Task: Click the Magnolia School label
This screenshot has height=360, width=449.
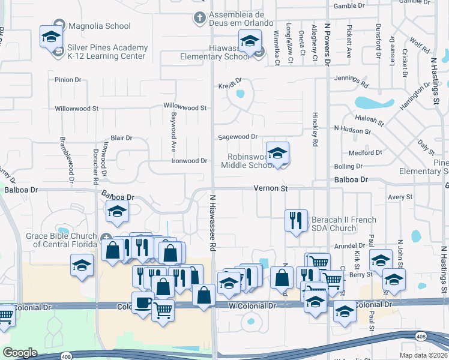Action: click(99, 26)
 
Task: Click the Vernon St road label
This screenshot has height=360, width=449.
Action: click(271, 188)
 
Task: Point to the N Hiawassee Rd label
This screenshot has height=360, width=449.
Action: click(212, 222)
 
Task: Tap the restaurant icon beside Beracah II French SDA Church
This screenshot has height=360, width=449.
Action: click(296, 221)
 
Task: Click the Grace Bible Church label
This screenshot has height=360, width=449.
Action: click(62, 240)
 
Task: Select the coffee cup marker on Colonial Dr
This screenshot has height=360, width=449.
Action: click(142, 303)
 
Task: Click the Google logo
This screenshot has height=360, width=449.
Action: click(20, 353)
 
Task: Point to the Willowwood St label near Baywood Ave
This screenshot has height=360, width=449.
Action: click(185, 107)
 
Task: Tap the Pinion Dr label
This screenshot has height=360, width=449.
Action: click(68, 79)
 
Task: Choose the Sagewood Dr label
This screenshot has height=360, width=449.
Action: click(238, 137)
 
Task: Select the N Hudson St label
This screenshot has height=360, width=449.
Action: click(352, 130)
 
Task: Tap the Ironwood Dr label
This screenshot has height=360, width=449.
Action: click(189, 161)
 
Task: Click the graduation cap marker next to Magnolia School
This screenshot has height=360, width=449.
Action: click(51, 37)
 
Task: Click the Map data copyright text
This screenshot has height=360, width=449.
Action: click(424, 355)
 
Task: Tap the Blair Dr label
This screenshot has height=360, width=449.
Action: click(121, 138)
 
